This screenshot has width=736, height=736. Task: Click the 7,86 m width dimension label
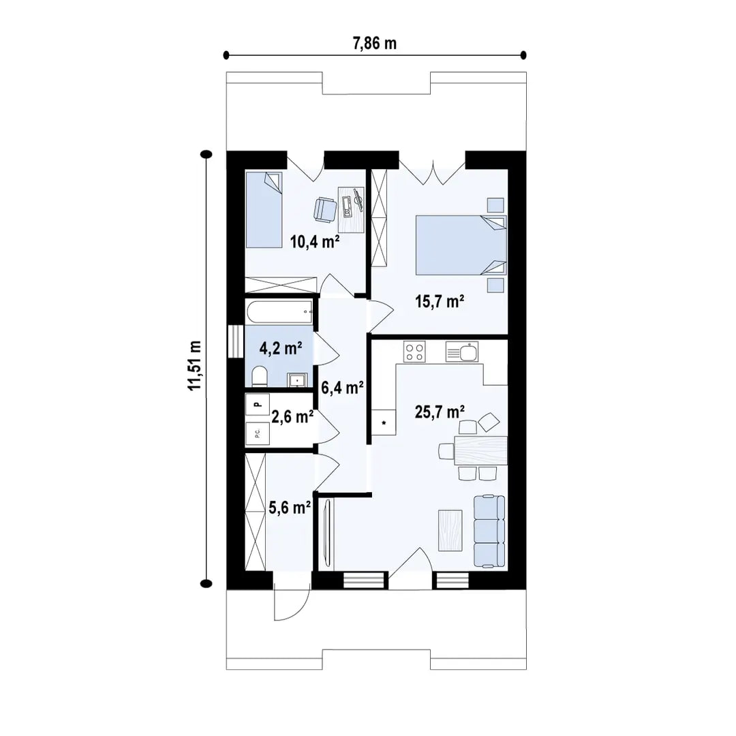(374, 44)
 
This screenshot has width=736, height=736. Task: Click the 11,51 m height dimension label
(196, 365)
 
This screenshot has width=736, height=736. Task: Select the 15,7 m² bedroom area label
(440, 301)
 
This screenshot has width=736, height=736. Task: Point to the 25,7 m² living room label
(440, 411)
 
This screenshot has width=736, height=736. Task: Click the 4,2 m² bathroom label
(281, 349)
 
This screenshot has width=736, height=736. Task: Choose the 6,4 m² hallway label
(341, 388)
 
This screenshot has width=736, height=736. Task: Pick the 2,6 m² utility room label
(292, 416)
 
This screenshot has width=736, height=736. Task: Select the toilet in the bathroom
(260, 376)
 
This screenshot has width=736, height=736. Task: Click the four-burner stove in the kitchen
(414, 352)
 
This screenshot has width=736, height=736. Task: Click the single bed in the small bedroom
(263, 210)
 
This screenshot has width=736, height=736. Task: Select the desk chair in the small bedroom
(325, 209)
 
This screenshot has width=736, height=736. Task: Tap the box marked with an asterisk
(384, 423)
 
